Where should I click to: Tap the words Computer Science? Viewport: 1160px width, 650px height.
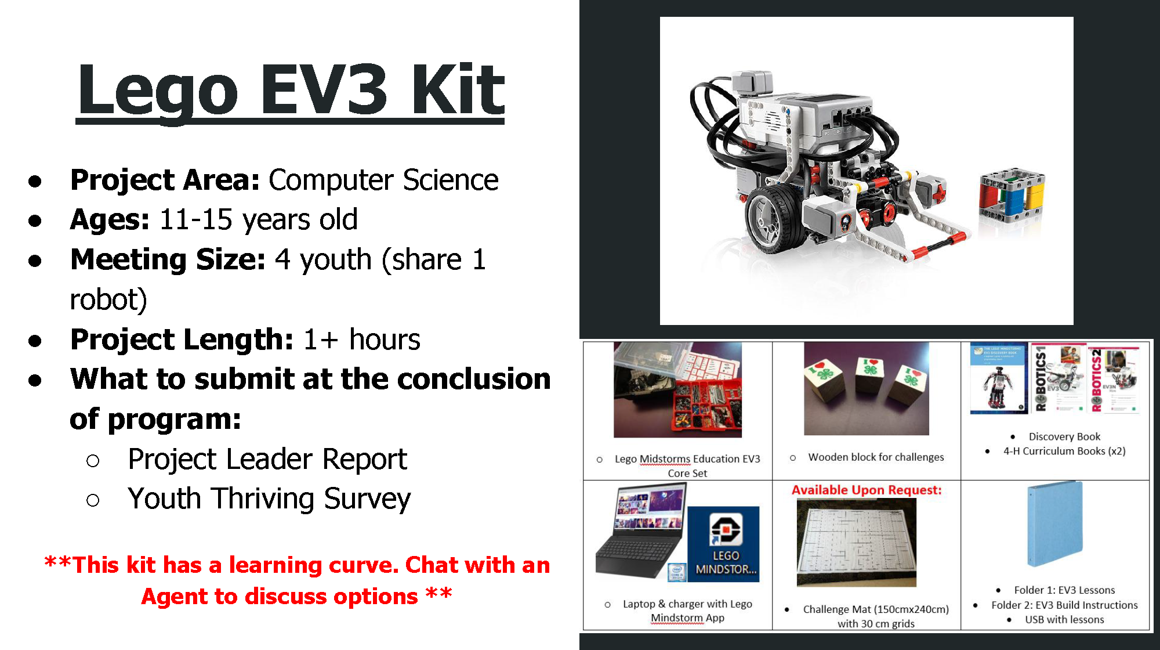[383, 180]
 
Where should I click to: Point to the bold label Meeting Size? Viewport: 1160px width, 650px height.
[168, 259]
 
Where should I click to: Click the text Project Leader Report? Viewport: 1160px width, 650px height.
[267, 460]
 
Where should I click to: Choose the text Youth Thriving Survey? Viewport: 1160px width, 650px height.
[269, 499]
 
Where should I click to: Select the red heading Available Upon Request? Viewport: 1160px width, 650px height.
[867, 490]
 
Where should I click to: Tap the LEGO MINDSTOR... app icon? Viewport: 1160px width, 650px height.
[724, 544]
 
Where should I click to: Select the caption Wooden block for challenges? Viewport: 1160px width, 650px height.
[876, 457]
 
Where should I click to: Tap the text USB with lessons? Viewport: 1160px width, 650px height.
[1064, 620]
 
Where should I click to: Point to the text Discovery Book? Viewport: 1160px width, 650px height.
[1064, 437]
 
